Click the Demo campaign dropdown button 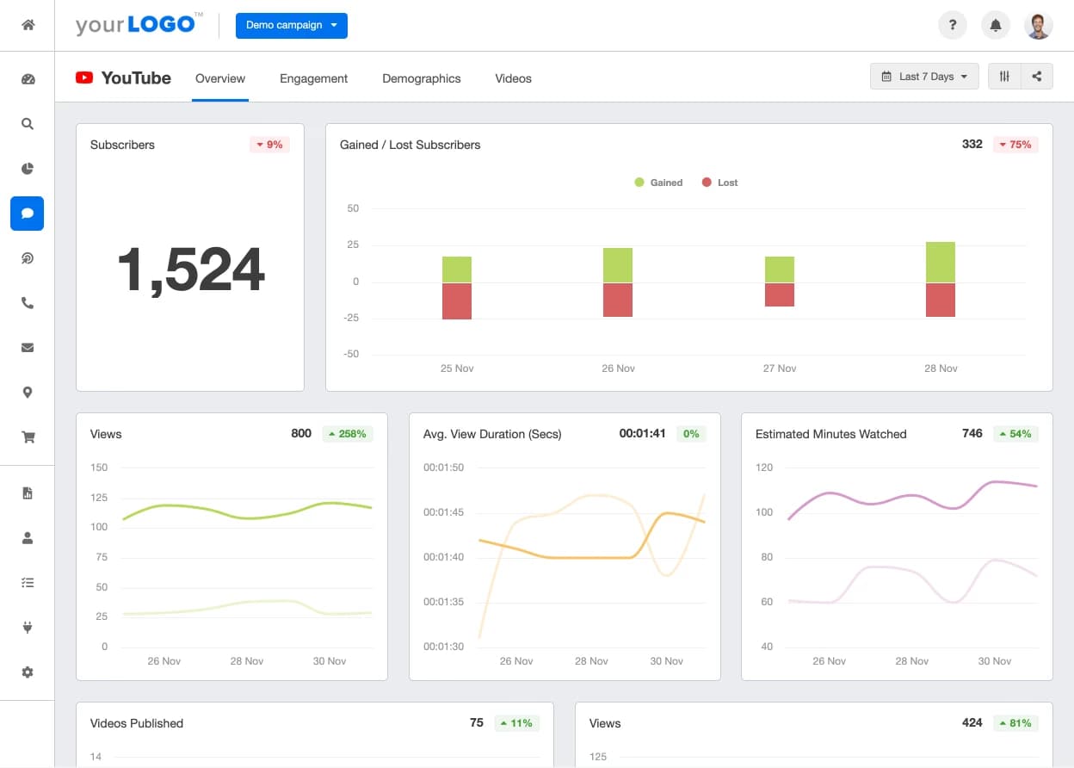291,26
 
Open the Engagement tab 313,78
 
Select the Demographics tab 421,78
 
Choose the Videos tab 513,78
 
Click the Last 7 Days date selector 924,77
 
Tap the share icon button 1037,77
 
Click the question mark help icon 952,26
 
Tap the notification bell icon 996,26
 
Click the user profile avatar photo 1039,26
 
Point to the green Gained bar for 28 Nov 941,262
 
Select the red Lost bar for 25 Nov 457,301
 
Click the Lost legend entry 720,183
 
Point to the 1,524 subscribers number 190,269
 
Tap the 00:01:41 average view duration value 642,434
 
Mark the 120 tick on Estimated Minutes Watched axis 764,468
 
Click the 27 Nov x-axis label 780,369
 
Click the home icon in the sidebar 28,25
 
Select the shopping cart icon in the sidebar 28,437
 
